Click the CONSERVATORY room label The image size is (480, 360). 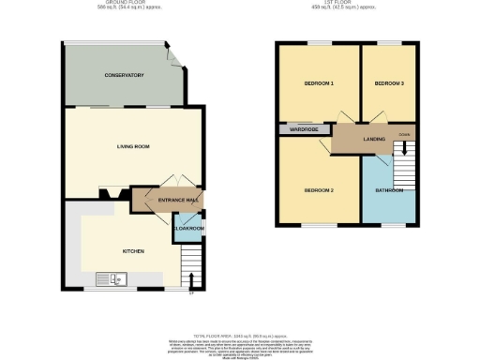pos(123,75)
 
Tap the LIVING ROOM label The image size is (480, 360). pos(133,147)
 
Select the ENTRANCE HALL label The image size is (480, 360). pos(177,201)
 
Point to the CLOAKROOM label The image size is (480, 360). pos(187,228)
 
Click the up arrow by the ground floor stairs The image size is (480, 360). pos(192,278)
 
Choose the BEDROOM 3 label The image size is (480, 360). pos(389,84)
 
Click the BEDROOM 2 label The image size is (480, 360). pos(319,191)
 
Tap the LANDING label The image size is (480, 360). pos(375,139)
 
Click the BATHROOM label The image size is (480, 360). pos(389,191)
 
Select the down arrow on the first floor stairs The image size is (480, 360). pos(405,147)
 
